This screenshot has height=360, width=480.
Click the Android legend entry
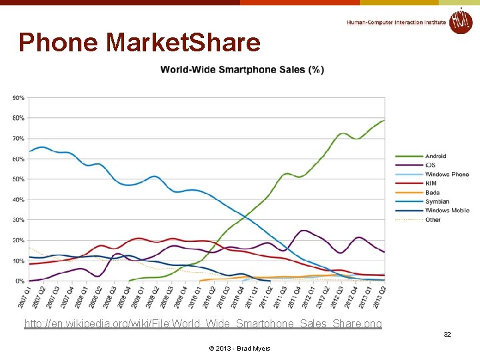(436, 156)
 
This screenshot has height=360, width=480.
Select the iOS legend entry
(431, 165)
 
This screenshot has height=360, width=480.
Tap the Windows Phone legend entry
(447, 174)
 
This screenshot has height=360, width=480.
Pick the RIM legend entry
(431, 183)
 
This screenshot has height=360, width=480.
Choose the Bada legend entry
(433, 193)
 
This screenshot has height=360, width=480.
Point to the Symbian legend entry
(437, 201)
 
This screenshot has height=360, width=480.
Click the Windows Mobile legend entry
(447, 210)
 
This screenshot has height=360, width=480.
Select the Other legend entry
(433, 219)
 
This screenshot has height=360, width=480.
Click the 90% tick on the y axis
(18, 98)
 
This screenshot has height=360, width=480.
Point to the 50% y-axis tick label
(18, 179)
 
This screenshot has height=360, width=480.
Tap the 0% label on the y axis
(19, 281)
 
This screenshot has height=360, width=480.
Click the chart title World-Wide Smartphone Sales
(242, 69)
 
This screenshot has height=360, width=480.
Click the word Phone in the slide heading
(59, 43)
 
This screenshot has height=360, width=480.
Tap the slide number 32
(447, 334)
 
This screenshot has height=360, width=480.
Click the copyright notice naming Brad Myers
(239, 348)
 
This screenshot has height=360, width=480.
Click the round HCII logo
(460, 21)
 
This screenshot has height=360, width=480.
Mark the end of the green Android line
(384, 120)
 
